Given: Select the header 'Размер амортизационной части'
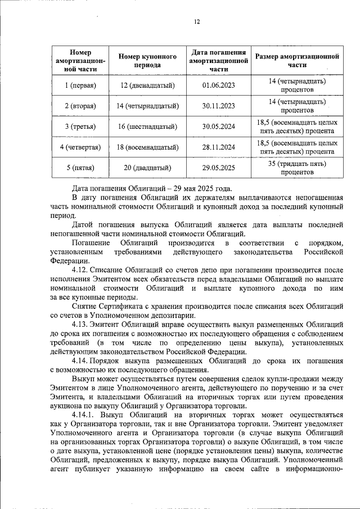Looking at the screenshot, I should (x=297, y=61).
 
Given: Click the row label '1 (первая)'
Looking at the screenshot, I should (x=80, y=85).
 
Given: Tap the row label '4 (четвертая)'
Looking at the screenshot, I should (x=80, y=147).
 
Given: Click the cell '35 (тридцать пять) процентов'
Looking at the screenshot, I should (x=297, y=168).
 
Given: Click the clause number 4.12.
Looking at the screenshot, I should (x=80, y=271).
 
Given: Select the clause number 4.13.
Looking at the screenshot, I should (x=80, y=325).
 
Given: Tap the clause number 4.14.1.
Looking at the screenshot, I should (x=83, y=416).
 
